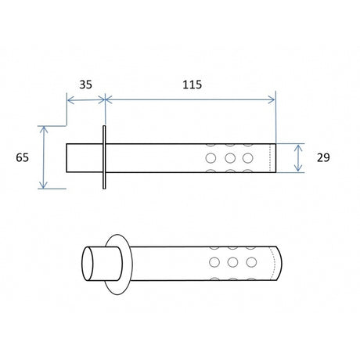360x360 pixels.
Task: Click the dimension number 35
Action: tap(85, 85)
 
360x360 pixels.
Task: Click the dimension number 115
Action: tap(192, 85)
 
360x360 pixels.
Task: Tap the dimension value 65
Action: tap(22, 157)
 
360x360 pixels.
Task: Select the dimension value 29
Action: tap(323, 157)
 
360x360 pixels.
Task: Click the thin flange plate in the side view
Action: tap(104, 157)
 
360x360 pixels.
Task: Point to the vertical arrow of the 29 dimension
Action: tap(298, 158)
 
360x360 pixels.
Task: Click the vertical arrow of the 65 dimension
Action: tap(43, 157)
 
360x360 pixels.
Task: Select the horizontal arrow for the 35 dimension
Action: tap(86, 99)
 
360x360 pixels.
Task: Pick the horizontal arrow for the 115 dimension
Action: tap(190, 99)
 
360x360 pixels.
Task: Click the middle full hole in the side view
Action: tap(230, 158)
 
